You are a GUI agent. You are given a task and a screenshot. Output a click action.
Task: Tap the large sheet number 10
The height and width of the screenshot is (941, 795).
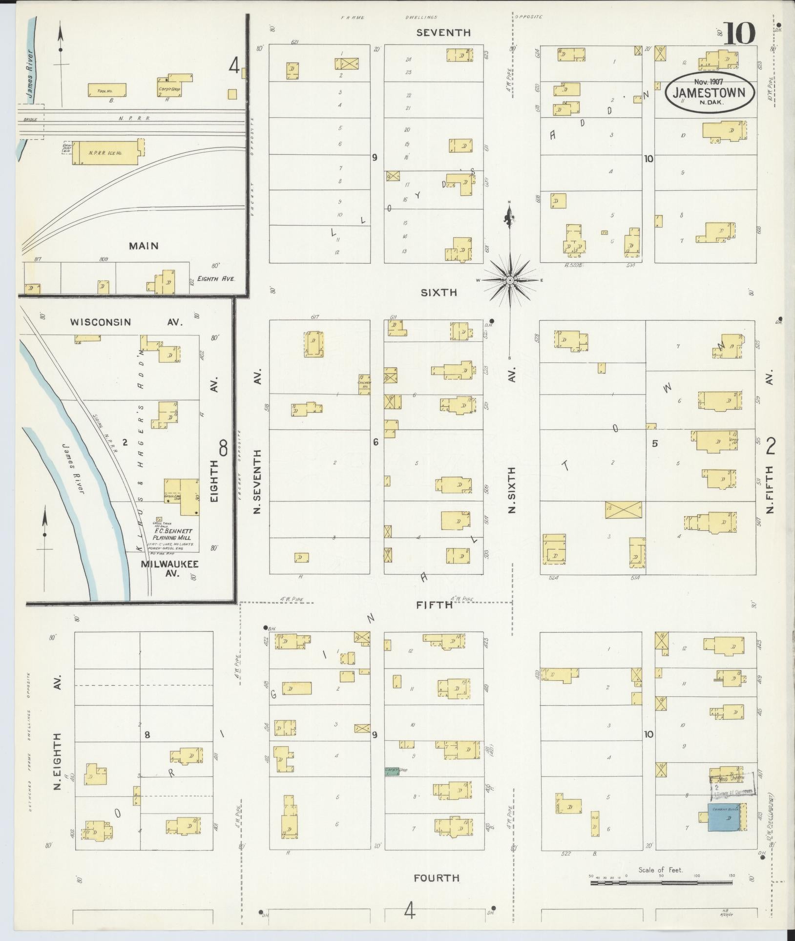740,34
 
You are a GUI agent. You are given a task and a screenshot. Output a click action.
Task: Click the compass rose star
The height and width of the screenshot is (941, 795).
510,280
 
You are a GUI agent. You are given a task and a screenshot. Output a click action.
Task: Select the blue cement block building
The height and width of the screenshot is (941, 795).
724,818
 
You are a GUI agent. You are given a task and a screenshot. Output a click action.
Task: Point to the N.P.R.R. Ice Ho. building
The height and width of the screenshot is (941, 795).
105,153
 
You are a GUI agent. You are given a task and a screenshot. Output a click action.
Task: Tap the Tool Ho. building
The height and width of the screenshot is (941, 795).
107,90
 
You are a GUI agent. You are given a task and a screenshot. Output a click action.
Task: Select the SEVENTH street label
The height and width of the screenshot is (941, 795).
450,33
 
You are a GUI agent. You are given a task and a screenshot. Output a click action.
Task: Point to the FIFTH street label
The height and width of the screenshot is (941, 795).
434,605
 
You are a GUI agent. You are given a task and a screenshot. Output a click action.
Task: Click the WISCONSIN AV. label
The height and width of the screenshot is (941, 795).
126,322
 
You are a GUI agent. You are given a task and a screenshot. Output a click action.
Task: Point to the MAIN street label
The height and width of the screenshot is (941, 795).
144,246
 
